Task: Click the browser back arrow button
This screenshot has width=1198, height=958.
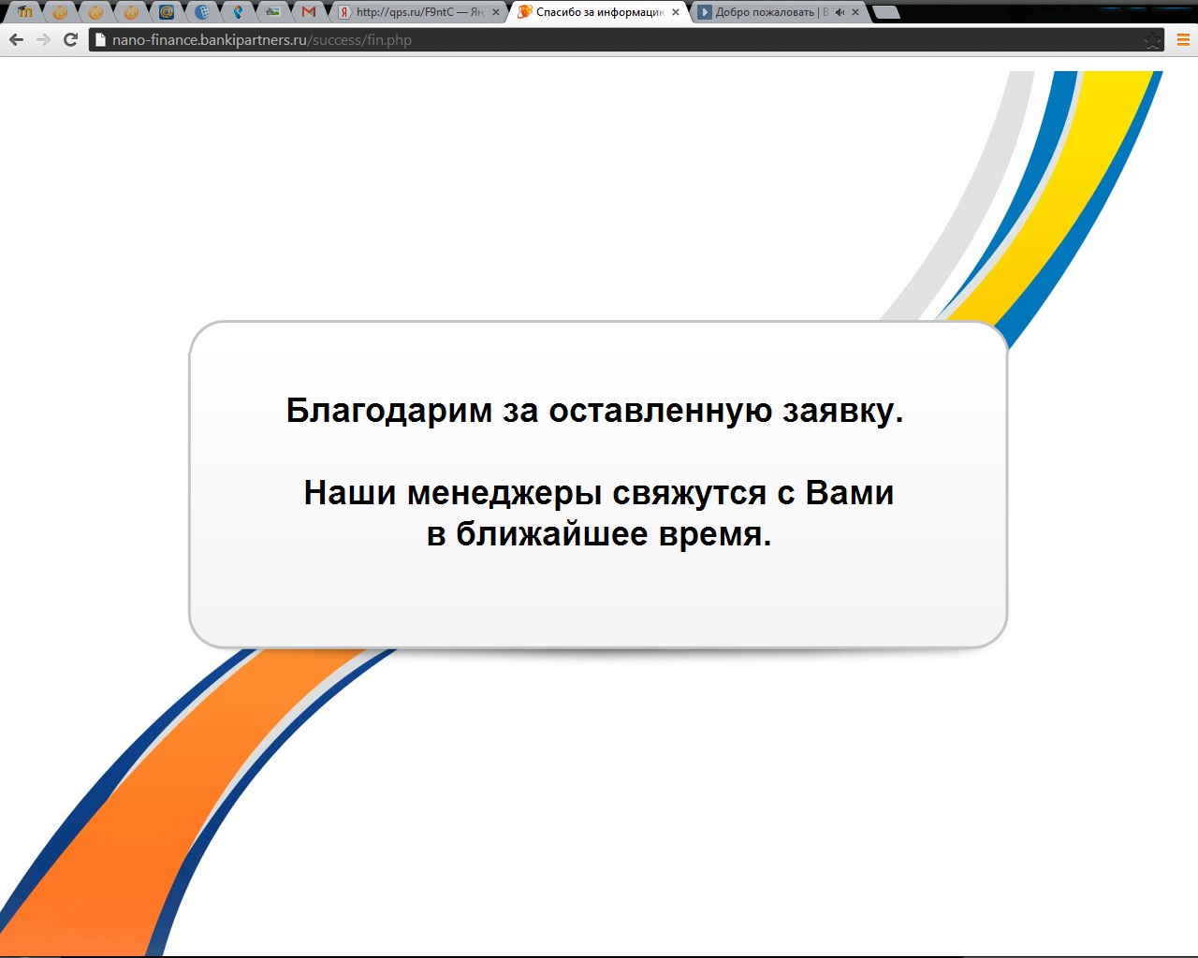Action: click(17, 40)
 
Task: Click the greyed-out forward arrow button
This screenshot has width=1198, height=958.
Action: click(43, 40)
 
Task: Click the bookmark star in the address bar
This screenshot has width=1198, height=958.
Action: click(1152, 40)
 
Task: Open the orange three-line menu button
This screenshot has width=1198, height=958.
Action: click(1184, 40)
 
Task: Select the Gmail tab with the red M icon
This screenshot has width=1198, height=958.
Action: click(309, 11)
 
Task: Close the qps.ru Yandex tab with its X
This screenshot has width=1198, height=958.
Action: click(496, 11)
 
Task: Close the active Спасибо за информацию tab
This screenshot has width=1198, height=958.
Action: click(676, 11)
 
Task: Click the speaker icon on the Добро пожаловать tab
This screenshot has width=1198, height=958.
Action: click(840, 11)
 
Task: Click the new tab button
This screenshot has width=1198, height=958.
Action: click(886, 11)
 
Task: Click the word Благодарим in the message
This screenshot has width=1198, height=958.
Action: click(389, 412)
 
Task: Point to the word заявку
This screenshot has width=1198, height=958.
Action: click(842, 412)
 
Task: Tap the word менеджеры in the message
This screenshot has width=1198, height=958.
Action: click(504, 494)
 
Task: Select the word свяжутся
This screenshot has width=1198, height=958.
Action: click(689, 494)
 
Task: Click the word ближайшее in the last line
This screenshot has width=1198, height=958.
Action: click(552, 534)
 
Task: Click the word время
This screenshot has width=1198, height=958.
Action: click(715, 535)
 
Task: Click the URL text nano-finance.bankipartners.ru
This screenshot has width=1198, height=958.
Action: click(210, 40)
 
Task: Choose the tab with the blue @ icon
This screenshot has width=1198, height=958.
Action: click(167, 11)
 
